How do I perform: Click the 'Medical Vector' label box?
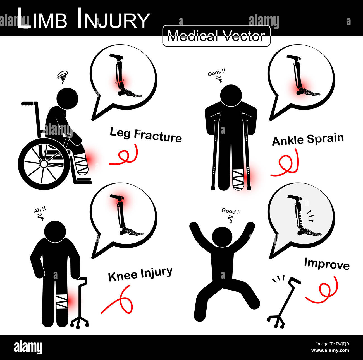(x=216, y=36)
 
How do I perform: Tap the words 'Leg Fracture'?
(x=145, y=135)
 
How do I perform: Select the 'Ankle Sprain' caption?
(x=308, y=139)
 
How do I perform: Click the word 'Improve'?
(x=326, y=264)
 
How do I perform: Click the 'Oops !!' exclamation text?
(x=216, y=73)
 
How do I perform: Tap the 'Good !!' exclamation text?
(x=231, y=211)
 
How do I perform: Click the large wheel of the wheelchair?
(x=44, y=164)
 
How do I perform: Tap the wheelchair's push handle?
(x=29, y=103)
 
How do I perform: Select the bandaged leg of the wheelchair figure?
(x=81, y=164)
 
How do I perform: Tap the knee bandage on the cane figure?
(x=62, y=301)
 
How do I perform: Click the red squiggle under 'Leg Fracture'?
(x=125, y=155)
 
